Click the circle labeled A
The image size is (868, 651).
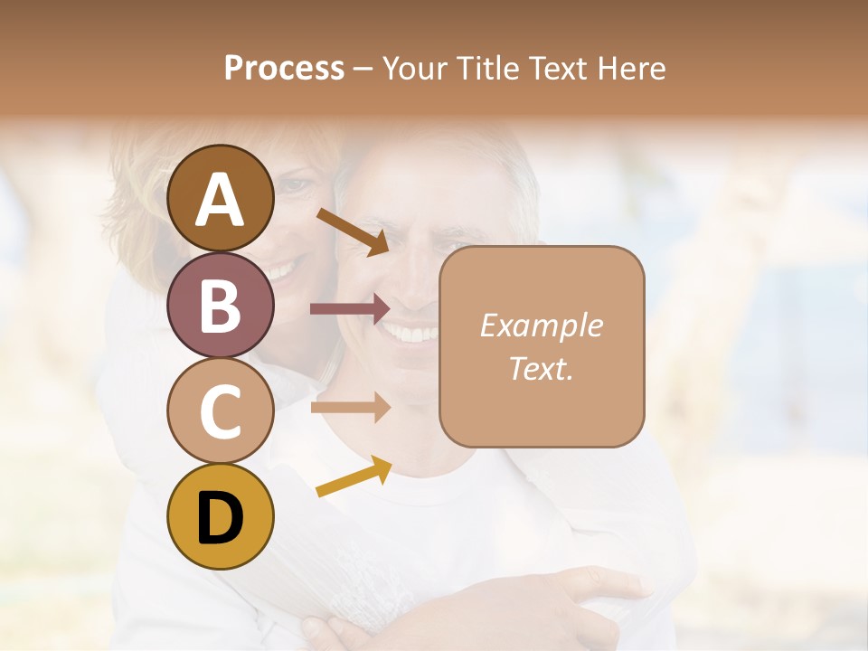coord(221,198)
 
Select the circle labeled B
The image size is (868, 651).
coord(221,305)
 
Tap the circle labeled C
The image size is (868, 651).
coord(221,410)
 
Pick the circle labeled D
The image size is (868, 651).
coord(221,516)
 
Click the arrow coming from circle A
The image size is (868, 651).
coord(353,231)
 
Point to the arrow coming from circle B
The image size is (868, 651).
coord(349,309)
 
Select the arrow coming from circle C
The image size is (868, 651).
coord(349,407)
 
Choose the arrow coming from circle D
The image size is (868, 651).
coord(354,476)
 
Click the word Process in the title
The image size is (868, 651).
coord(284,68)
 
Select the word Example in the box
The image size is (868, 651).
coord(541,325)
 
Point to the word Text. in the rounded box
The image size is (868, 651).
coord(541,368)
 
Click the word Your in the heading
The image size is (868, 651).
coord(412,68)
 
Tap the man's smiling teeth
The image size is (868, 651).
coord(413,335)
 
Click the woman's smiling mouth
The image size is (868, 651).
coord(282,269)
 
